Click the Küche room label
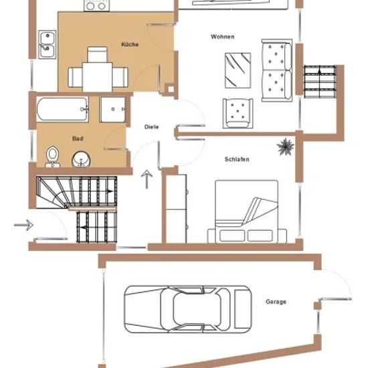pos(130,44)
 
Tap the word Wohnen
pos(223,37)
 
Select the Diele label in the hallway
pos(151,127)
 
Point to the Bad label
pos(78,139)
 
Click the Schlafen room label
pos(237,159)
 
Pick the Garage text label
pos(276,302)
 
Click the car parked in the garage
pos(188,309)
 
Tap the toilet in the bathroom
pos(52,157)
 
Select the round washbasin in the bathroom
pos(81,159)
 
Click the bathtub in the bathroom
pos(62,109)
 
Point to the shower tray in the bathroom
pos(113,109)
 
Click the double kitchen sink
pos(48,45)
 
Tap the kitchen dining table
pos(97,77)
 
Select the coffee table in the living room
pos(238,70)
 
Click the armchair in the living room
pos(238,113)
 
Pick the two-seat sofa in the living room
pos(277,70)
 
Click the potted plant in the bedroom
pos(285,147)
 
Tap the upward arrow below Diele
pos(147,179)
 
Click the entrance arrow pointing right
pos(23,225)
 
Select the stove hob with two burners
pos(97,5)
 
